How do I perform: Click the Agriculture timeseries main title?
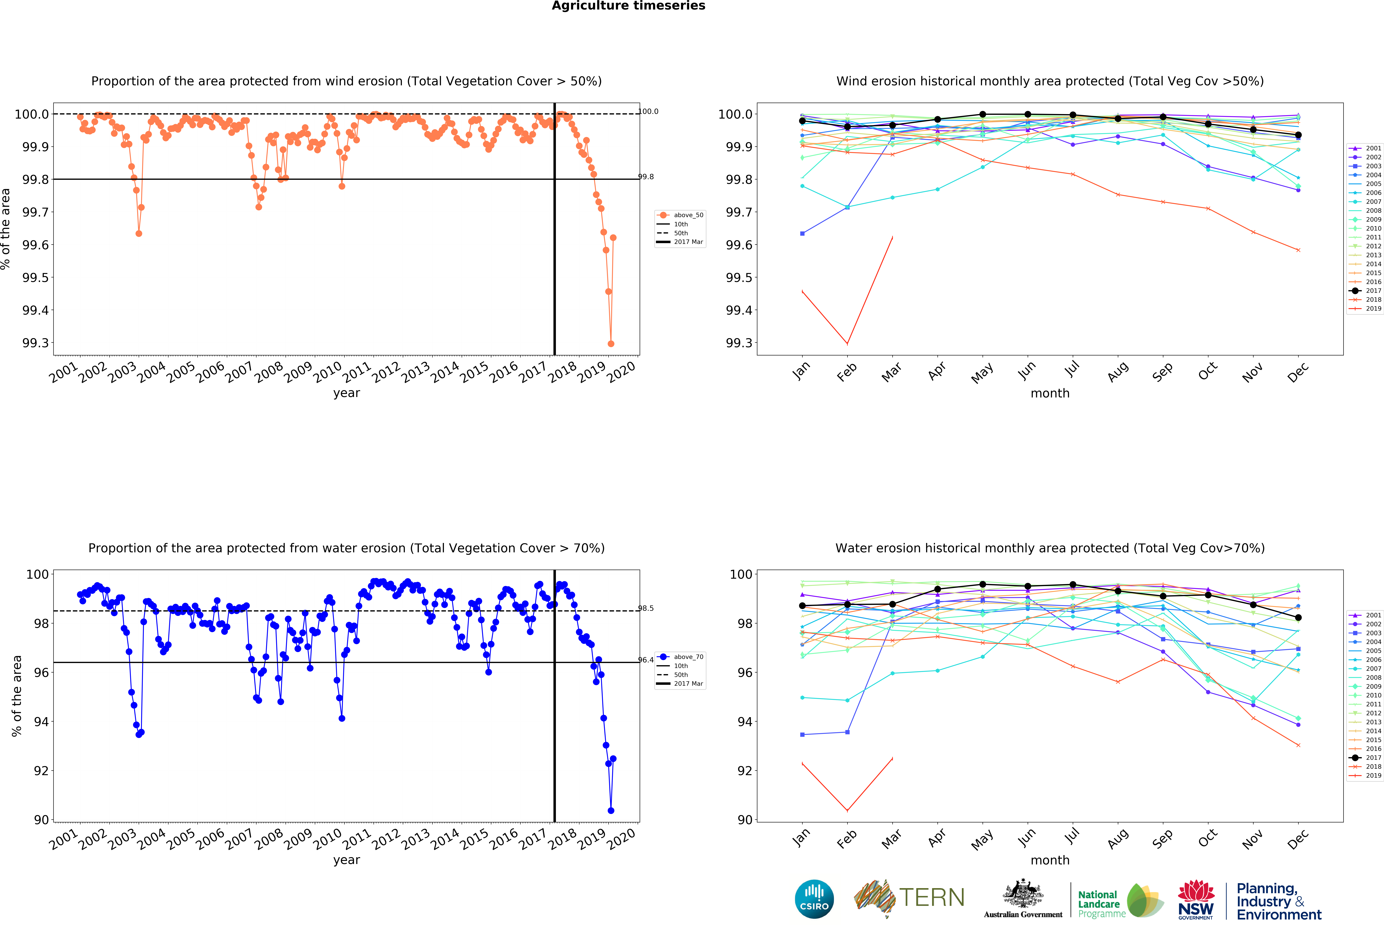[x=628, y=6]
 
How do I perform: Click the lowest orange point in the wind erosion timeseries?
[x=610, y=344]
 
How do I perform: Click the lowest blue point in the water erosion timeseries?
[x=610, y=811]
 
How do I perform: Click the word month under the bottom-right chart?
[x=1050, y=860]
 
